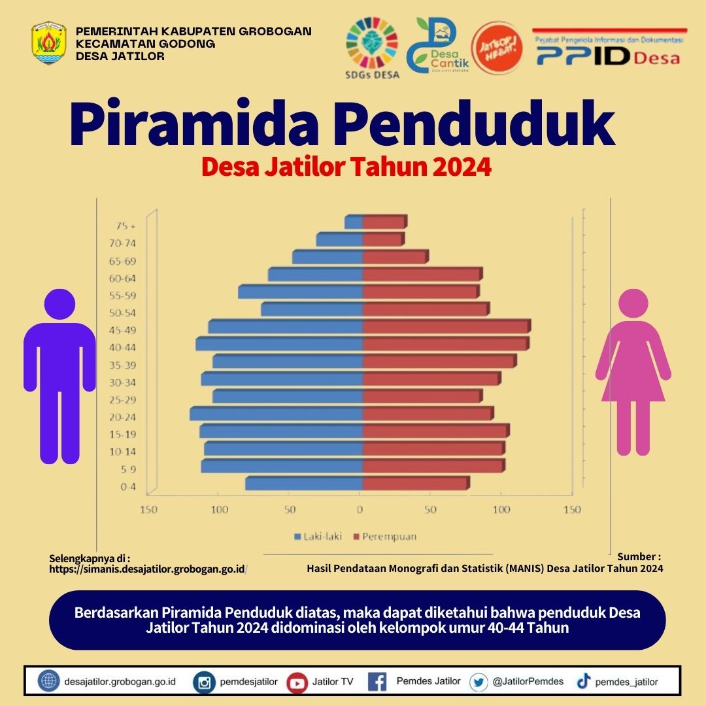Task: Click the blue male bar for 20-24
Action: (x=277, y=414)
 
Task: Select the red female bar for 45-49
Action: (x=445, y=326)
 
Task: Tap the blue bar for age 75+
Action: (x=354, y=222)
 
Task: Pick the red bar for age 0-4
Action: (x=415, y=483)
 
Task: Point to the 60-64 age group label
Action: (x=122, y=278)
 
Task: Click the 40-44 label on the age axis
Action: (x=122, y=347)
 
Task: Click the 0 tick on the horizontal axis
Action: (x=360, y=510)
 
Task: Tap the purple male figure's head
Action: (x=59, y=304)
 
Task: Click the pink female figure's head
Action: (x=632, y=305)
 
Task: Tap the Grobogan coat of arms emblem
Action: (x=48, y=43)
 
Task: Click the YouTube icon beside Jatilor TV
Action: (x=297, y=682)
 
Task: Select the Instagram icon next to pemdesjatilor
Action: (x=205, y=682)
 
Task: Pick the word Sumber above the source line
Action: (x=638, y=557)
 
